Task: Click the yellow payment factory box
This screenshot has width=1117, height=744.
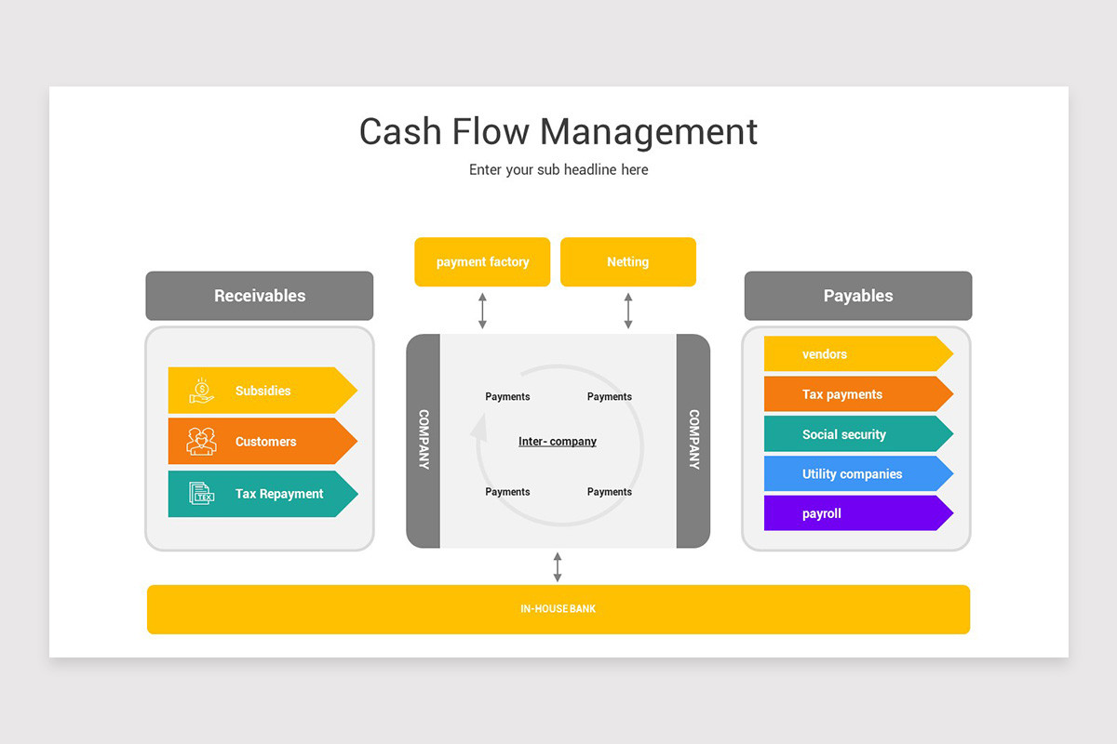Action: click(x=482, y=262)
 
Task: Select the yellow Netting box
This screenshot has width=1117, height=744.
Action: click(x=627, y=262)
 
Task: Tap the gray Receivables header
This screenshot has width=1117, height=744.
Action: click(x=260, y=296)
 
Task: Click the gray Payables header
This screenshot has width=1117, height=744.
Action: click(x=857, y=296)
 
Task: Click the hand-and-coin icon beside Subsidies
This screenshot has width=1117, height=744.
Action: click(x=201, y=391)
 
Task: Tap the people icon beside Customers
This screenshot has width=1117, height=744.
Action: click(x=201, y=441)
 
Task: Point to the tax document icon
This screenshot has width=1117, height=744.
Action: click(x=201, y=493)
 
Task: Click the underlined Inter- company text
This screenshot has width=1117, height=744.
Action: click(x=558, y=442)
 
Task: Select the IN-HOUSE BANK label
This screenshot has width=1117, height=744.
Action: click(x=558, y=609)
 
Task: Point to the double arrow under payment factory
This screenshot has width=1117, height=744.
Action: click(x=482, y=311)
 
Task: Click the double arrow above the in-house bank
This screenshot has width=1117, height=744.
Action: click(x=558, y=566)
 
